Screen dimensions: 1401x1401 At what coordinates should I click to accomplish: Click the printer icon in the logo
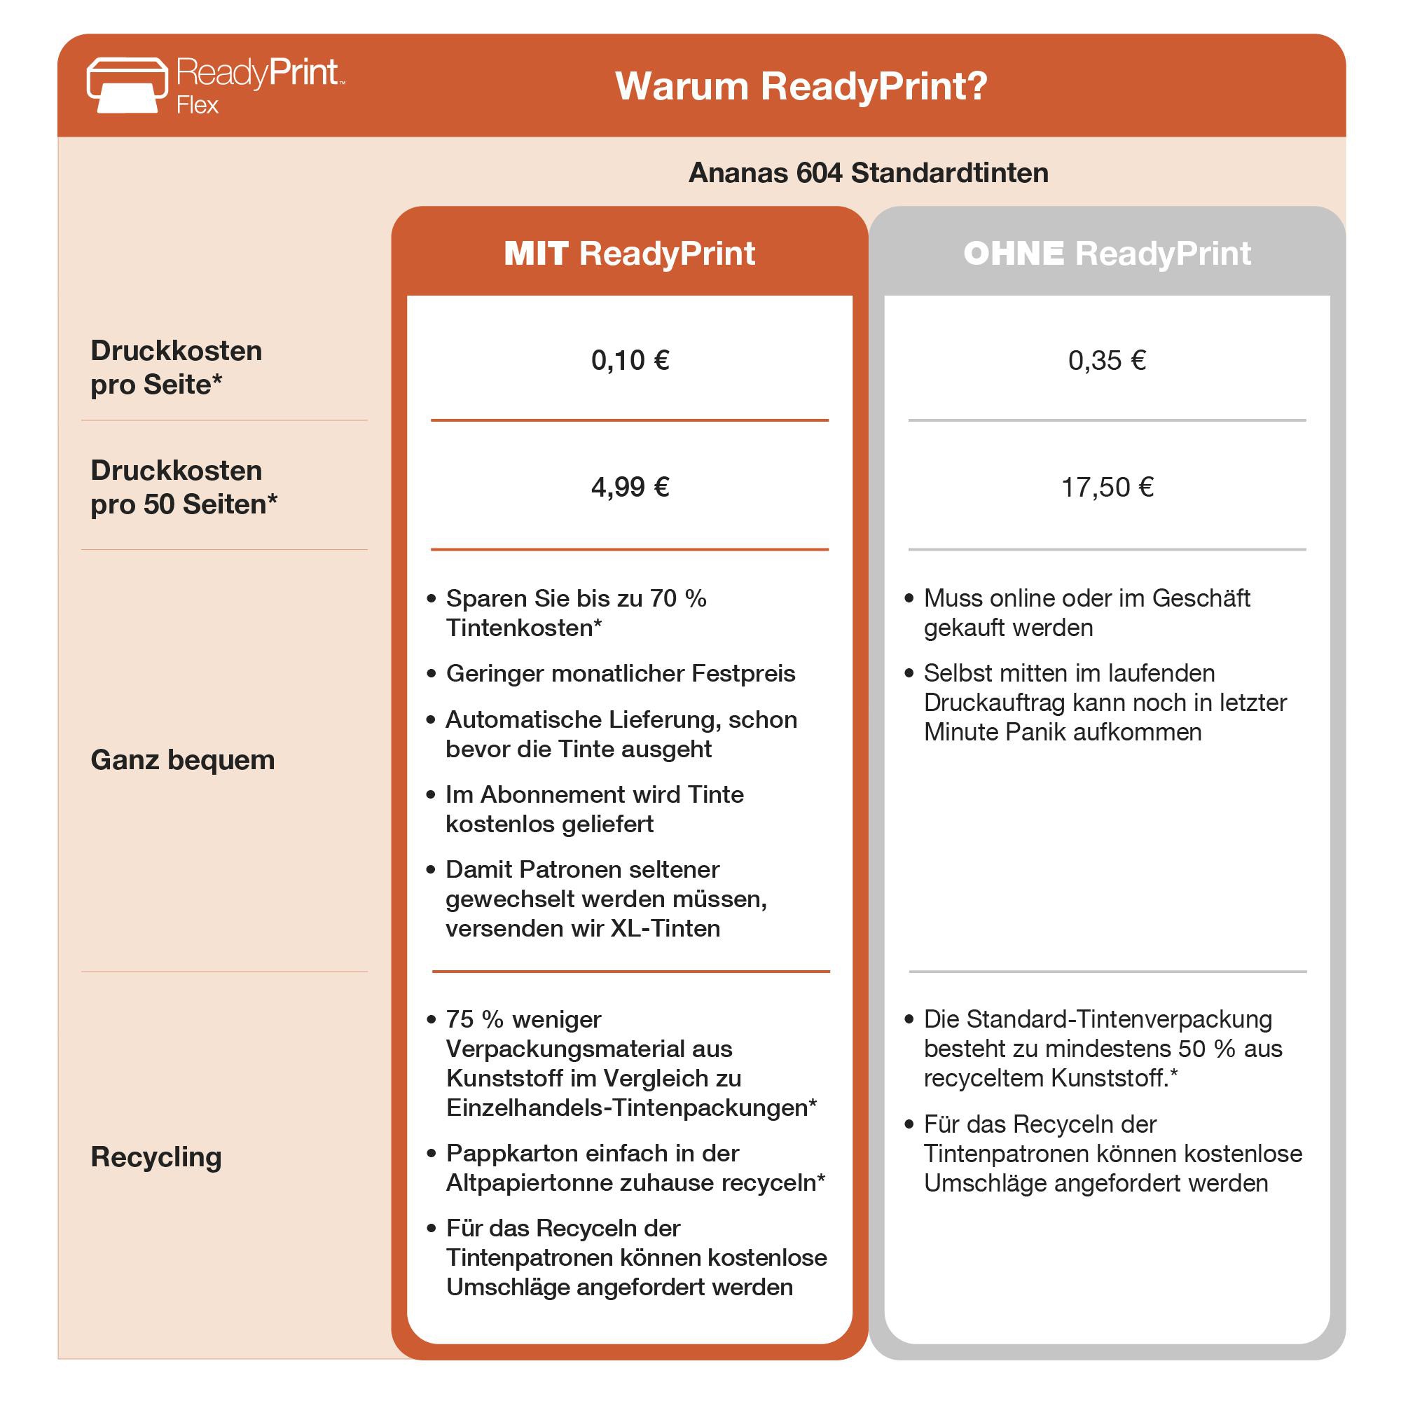coord(127,85)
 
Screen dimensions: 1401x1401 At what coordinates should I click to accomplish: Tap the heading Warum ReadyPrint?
coord(801,86)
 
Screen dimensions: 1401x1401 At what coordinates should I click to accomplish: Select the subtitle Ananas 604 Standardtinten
coord(868,172)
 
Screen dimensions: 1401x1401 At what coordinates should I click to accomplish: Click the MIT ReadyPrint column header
coord(630,254)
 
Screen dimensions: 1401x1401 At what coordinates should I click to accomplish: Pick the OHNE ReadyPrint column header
coord(1107,254)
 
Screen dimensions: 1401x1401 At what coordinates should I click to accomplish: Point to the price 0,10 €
coord(630,360)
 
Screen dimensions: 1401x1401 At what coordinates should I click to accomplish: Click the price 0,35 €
coord(1107,360)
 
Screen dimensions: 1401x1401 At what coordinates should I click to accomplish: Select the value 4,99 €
coord(630,487)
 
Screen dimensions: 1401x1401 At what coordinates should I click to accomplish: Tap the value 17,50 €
coord(1107,487)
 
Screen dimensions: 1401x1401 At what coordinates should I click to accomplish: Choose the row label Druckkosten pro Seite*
coord(177,368)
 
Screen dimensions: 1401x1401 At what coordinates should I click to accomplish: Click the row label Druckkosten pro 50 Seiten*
coord(184,488)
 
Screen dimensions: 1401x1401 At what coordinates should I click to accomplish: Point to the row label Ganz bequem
coord(183,760)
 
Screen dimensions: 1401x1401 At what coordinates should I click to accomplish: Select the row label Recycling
coord(156,1157)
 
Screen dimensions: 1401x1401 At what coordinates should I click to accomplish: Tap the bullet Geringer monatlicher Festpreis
coord(620,674)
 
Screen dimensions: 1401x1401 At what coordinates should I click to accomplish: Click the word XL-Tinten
coord(665,928)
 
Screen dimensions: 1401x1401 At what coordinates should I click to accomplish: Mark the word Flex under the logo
coord(197,105)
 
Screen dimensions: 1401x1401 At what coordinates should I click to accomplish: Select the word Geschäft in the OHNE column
coord(1201,598)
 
